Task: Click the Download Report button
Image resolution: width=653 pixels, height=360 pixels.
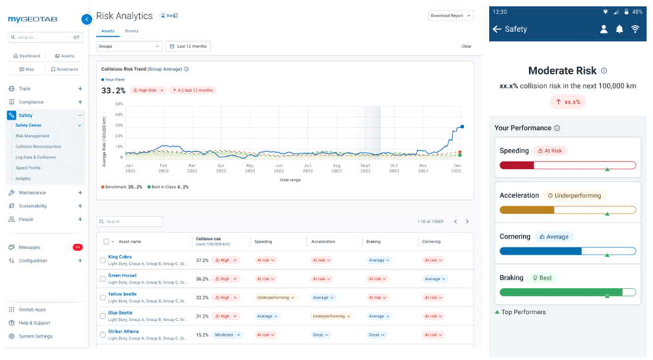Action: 450,15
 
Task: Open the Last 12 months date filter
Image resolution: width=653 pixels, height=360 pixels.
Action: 188,46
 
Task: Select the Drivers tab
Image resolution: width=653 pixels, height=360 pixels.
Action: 132,31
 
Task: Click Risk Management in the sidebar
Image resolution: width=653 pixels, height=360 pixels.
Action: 32,136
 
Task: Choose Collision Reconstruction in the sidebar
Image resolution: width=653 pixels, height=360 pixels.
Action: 38,147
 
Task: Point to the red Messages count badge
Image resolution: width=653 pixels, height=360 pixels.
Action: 77,247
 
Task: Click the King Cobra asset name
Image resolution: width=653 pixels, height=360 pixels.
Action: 120,257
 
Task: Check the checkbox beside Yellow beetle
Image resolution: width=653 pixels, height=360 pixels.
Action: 103,297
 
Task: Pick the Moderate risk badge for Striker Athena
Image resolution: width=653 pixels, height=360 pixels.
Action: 228,335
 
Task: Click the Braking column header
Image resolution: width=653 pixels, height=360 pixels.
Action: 373,241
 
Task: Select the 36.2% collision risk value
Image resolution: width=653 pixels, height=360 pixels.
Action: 202,279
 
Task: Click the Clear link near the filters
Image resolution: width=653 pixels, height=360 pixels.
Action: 466,46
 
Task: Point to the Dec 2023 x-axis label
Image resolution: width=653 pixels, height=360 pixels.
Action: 456,168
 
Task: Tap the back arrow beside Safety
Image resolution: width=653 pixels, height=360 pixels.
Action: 496,29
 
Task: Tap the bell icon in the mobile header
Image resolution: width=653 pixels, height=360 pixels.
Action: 620,29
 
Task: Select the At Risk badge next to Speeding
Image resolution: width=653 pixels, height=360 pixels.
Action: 550,151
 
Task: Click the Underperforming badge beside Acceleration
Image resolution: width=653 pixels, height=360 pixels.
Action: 574,196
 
